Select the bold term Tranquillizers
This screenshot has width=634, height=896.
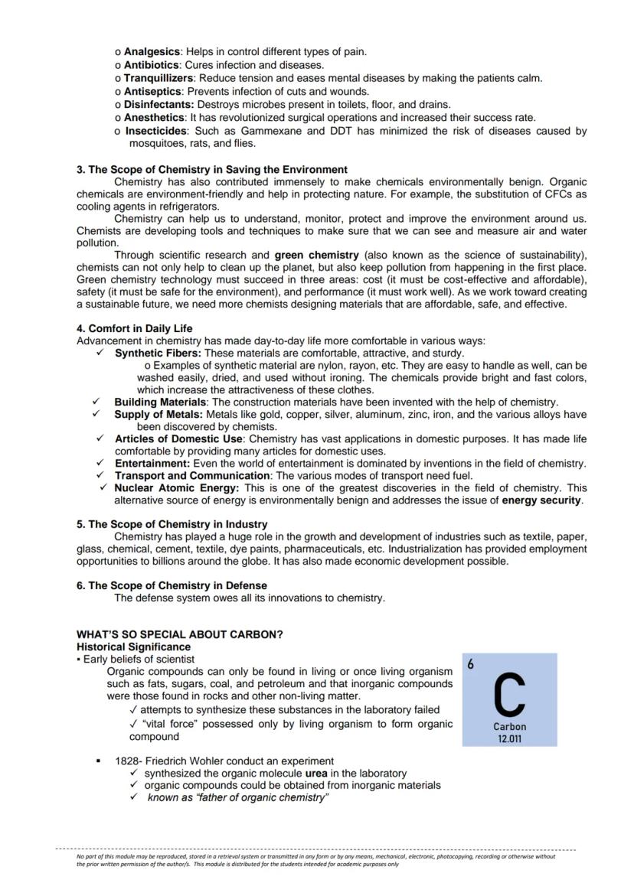(159, 78)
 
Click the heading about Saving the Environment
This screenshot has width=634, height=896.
(212, 169)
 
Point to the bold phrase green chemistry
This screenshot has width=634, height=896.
(316, 255)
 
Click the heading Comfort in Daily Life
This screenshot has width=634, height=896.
(135, 328)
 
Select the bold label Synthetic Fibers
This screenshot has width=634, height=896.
(158, 354)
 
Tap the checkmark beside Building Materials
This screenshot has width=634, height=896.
(96, 402)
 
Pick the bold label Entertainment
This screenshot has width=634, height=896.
(152, 463)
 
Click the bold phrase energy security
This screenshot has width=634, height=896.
(541, 500)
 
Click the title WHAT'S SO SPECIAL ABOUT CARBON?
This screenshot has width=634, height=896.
(180, 634)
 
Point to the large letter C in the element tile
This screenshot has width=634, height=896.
(509, 693)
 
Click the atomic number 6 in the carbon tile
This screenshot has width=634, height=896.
(471, 665)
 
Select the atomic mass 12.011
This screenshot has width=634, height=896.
(509, 738)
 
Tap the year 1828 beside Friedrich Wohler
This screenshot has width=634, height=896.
(127, 761)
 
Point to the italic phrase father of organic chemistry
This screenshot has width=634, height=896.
(238, 798)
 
